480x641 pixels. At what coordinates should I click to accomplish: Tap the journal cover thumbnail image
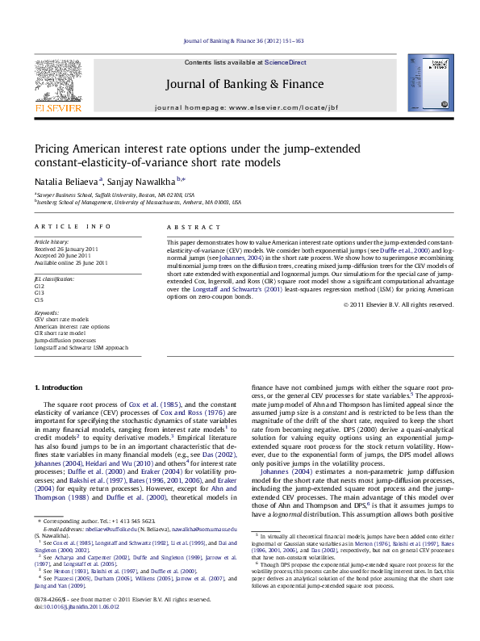pyautogui.click(x=424, y=81)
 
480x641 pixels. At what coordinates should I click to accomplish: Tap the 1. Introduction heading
pyautogui.click(x=57, y=388)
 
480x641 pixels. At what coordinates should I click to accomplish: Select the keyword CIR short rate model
pyautogui.click(x=60, y=332)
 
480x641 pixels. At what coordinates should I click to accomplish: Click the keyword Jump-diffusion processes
pyautogui.click(x=64, y=341)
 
